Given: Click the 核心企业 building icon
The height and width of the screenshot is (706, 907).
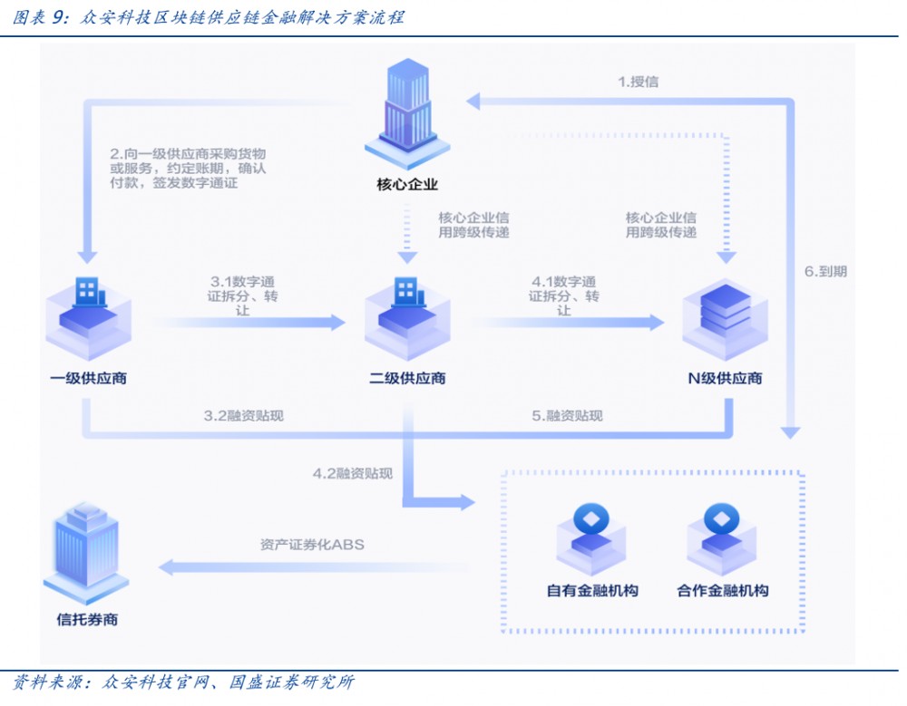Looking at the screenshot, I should pos(407,112).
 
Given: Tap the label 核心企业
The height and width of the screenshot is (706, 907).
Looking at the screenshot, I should pos(407,185).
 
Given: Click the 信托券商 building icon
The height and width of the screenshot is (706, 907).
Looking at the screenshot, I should pos(87,552).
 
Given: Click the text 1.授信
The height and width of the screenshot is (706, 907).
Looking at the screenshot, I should pos(639,82).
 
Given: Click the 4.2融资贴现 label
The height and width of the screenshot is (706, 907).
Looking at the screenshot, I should pos(353,473).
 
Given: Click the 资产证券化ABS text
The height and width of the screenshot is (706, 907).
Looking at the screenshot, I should pos(312,545).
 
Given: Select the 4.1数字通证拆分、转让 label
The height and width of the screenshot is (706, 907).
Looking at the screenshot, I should pos(564,295).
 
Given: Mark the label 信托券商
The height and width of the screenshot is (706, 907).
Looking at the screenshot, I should pos(87,620).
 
